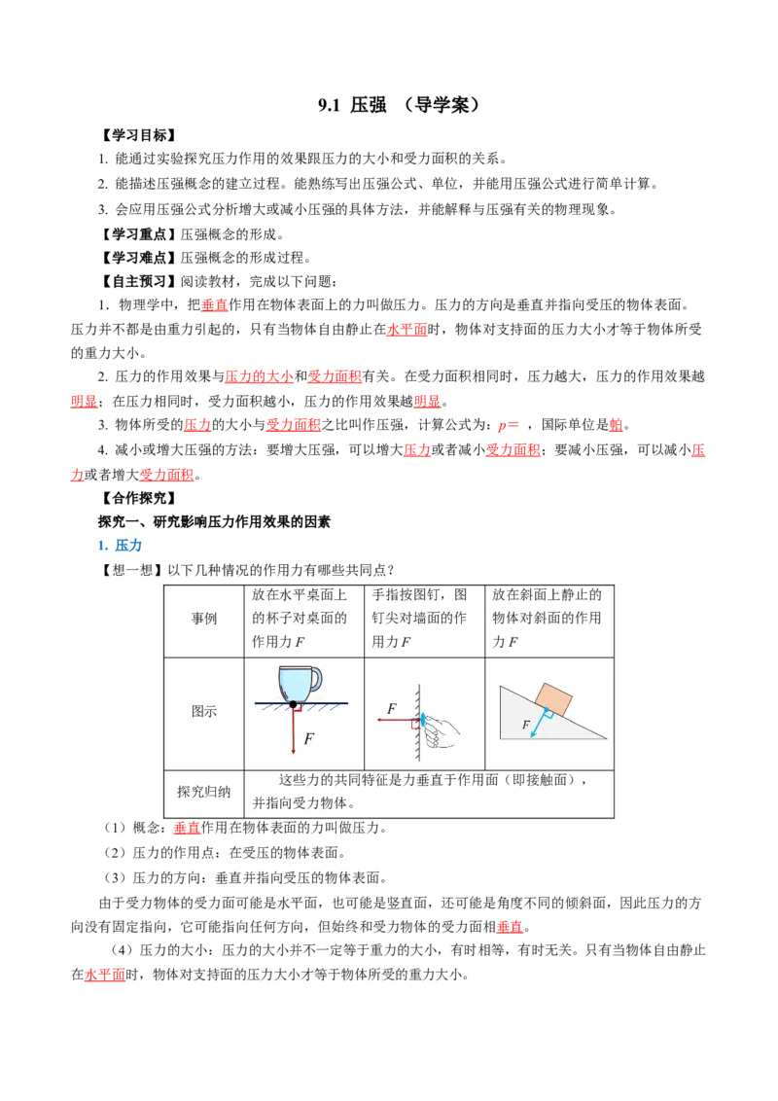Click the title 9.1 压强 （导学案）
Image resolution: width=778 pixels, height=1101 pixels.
click(x=399, y=105)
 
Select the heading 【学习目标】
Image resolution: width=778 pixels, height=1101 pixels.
click(x=138, y=135)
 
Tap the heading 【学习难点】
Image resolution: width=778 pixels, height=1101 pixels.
click(x=138, y=258)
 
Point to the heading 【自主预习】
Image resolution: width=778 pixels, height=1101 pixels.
click(x=138, y=281)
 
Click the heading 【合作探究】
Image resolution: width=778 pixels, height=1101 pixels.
click(x=138, y=499)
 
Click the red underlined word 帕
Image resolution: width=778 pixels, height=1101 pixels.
click(x=616, y=425)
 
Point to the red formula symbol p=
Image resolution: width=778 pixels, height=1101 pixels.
click(x=509, y=425)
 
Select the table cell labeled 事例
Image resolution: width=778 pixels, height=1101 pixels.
click(x=203, y=619)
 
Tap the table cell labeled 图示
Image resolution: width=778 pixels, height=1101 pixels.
click(x=203, y=711)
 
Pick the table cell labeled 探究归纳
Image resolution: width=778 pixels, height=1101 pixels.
click(x=203, y=792)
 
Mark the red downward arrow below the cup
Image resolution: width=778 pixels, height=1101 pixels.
click(x=293, y=729)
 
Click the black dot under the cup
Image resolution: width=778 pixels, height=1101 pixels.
click(x=293, y=703)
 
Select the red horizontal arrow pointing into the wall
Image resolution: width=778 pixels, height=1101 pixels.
click(x=398, y=720)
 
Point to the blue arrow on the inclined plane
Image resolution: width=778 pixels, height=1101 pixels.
click(x=540, y=723)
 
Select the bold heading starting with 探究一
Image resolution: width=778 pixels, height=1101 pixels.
click(x=214, y=522)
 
